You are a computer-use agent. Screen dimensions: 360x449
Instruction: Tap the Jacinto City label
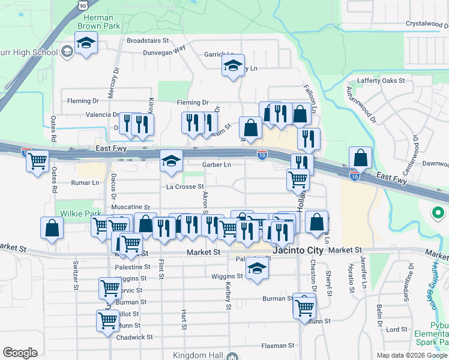click(x=298, y=250)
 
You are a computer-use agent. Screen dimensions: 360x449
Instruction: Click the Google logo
click(x=20, y=353)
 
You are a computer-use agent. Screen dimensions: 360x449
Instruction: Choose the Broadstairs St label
click(x=148, y=41)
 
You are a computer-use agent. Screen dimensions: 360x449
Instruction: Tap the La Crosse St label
click(x=185, y=187)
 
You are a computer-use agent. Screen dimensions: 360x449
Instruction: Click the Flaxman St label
click(x=277, y=346)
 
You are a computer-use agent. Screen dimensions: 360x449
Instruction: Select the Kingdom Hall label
click(x=197, y=356)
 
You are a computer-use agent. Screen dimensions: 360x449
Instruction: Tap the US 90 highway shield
click(x=83, y=5)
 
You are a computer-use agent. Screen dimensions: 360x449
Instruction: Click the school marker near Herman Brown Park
click(x=86, y=43)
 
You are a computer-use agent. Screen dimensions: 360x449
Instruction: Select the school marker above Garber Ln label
click(x=171, y=161)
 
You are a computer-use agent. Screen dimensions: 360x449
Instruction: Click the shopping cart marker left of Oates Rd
click(x=37, y=161)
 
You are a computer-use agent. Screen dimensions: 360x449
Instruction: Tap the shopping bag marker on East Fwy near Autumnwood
click(x=360, y=158)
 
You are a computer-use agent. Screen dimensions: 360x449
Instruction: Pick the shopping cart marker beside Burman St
click(x=304, y=307)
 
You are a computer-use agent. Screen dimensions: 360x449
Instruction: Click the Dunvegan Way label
click(x=164, y=52)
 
